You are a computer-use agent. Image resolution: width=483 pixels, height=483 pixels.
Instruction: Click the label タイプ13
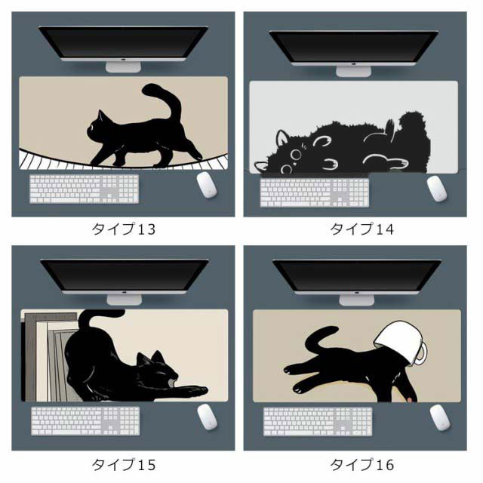(123, 229)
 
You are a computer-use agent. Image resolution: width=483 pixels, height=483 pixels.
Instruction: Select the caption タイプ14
(361, 229)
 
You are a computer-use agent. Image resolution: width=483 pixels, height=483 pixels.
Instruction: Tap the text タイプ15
(123, 465)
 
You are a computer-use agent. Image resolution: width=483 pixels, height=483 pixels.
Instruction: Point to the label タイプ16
(361, 465)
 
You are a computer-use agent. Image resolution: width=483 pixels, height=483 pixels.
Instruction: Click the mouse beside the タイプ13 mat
(207, 185)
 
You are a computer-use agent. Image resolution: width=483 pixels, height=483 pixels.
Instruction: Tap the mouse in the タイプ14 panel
(437, 189)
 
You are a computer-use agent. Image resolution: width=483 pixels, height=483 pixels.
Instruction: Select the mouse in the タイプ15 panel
(208, 417)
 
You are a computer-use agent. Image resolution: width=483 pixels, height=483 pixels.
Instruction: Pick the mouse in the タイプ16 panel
(440, 417)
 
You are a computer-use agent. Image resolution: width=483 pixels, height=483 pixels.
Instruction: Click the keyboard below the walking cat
(84, 189)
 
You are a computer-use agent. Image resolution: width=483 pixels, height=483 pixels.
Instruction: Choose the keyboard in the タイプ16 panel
(318, 421)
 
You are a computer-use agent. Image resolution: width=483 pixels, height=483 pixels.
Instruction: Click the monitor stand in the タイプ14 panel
(353, 72)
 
